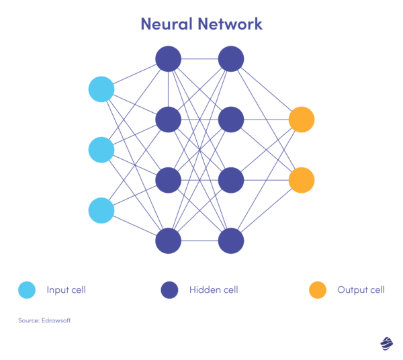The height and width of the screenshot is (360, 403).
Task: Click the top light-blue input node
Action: click(x=101, y=89)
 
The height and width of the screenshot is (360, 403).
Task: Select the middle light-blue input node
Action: click(x=101, y=150)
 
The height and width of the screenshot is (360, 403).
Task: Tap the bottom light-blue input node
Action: click(x=101, y=210)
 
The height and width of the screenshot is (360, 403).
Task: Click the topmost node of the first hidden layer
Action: click(x=169, y=59)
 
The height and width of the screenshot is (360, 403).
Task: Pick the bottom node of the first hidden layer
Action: click(x=169, y=240)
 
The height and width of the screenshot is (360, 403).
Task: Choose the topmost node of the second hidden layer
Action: click(x=230, y=59)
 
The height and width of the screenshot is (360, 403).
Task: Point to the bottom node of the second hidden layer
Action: click(x=230, y=240)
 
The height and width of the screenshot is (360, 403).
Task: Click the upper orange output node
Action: click(x=302, y=120)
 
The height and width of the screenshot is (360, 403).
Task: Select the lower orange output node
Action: click(x=302, y=180)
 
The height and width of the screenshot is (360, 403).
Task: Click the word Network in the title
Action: click(x=231, y=24)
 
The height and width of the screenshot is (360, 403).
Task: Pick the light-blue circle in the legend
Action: click(x=27, y=290)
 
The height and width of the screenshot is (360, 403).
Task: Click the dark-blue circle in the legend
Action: click(x=169, y=290)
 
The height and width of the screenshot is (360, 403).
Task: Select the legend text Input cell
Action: click(x=66, y=290)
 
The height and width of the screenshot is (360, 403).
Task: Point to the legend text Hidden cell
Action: click(x=214, y=290)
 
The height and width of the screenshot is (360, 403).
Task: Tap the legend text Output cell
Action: click(x=361, y=290)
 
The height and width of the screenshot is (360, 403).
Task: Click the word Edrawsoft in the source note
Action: click(x=55, y=320)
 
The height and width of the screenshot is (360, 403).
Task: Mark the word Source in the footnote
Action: click(x=28, y=320)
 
